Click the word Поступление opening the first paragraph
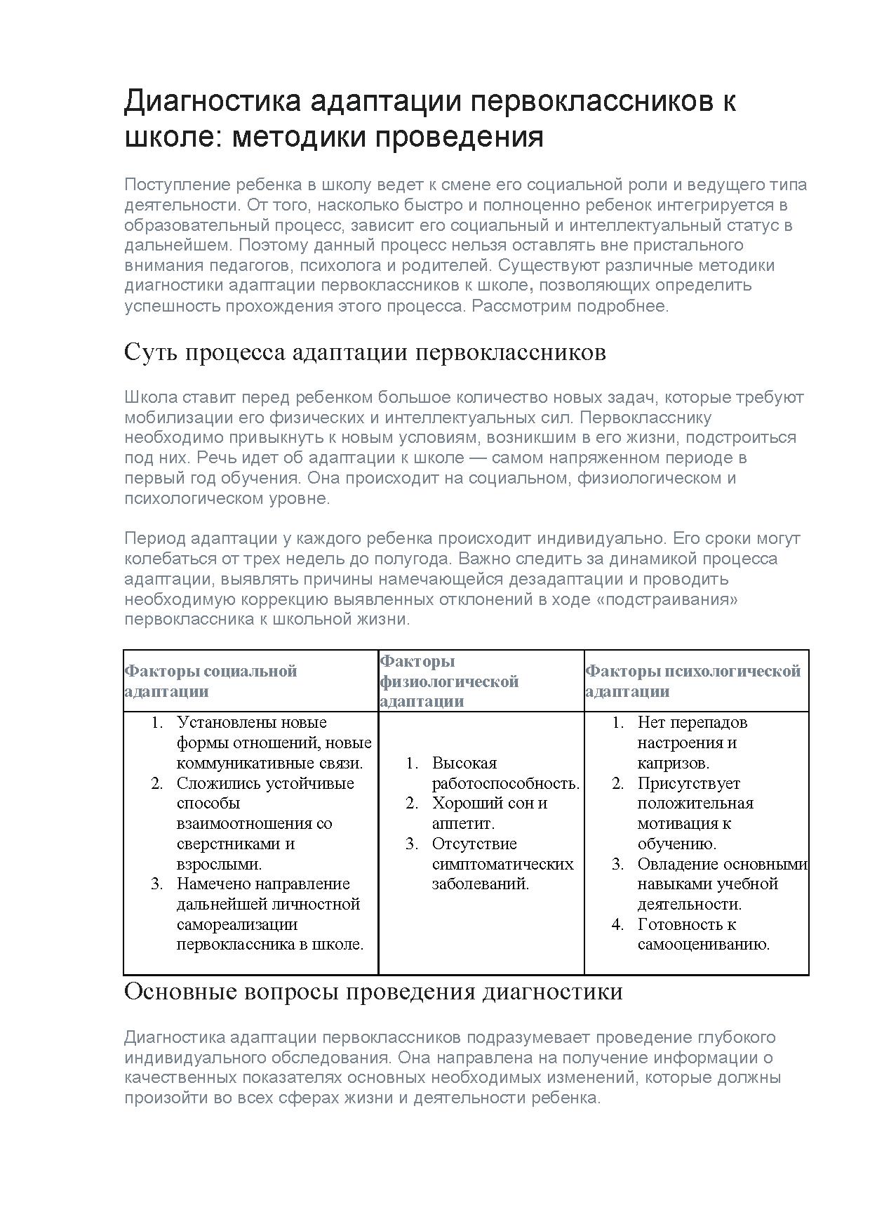[178, 185]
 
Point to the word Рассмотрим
[519, 306]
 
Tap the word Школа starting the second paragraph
[150, 397]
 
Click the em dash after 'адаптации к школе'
[478, 458]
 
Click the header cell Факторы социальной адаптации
[210, 681]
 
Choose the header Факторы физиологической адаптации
[449, 681]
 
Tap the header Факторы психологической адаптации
[692, 681]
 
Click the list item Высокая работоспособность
[505, 773]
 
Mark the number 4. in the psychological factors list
[617, 924]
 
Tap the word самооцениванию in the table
[702, 945]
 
